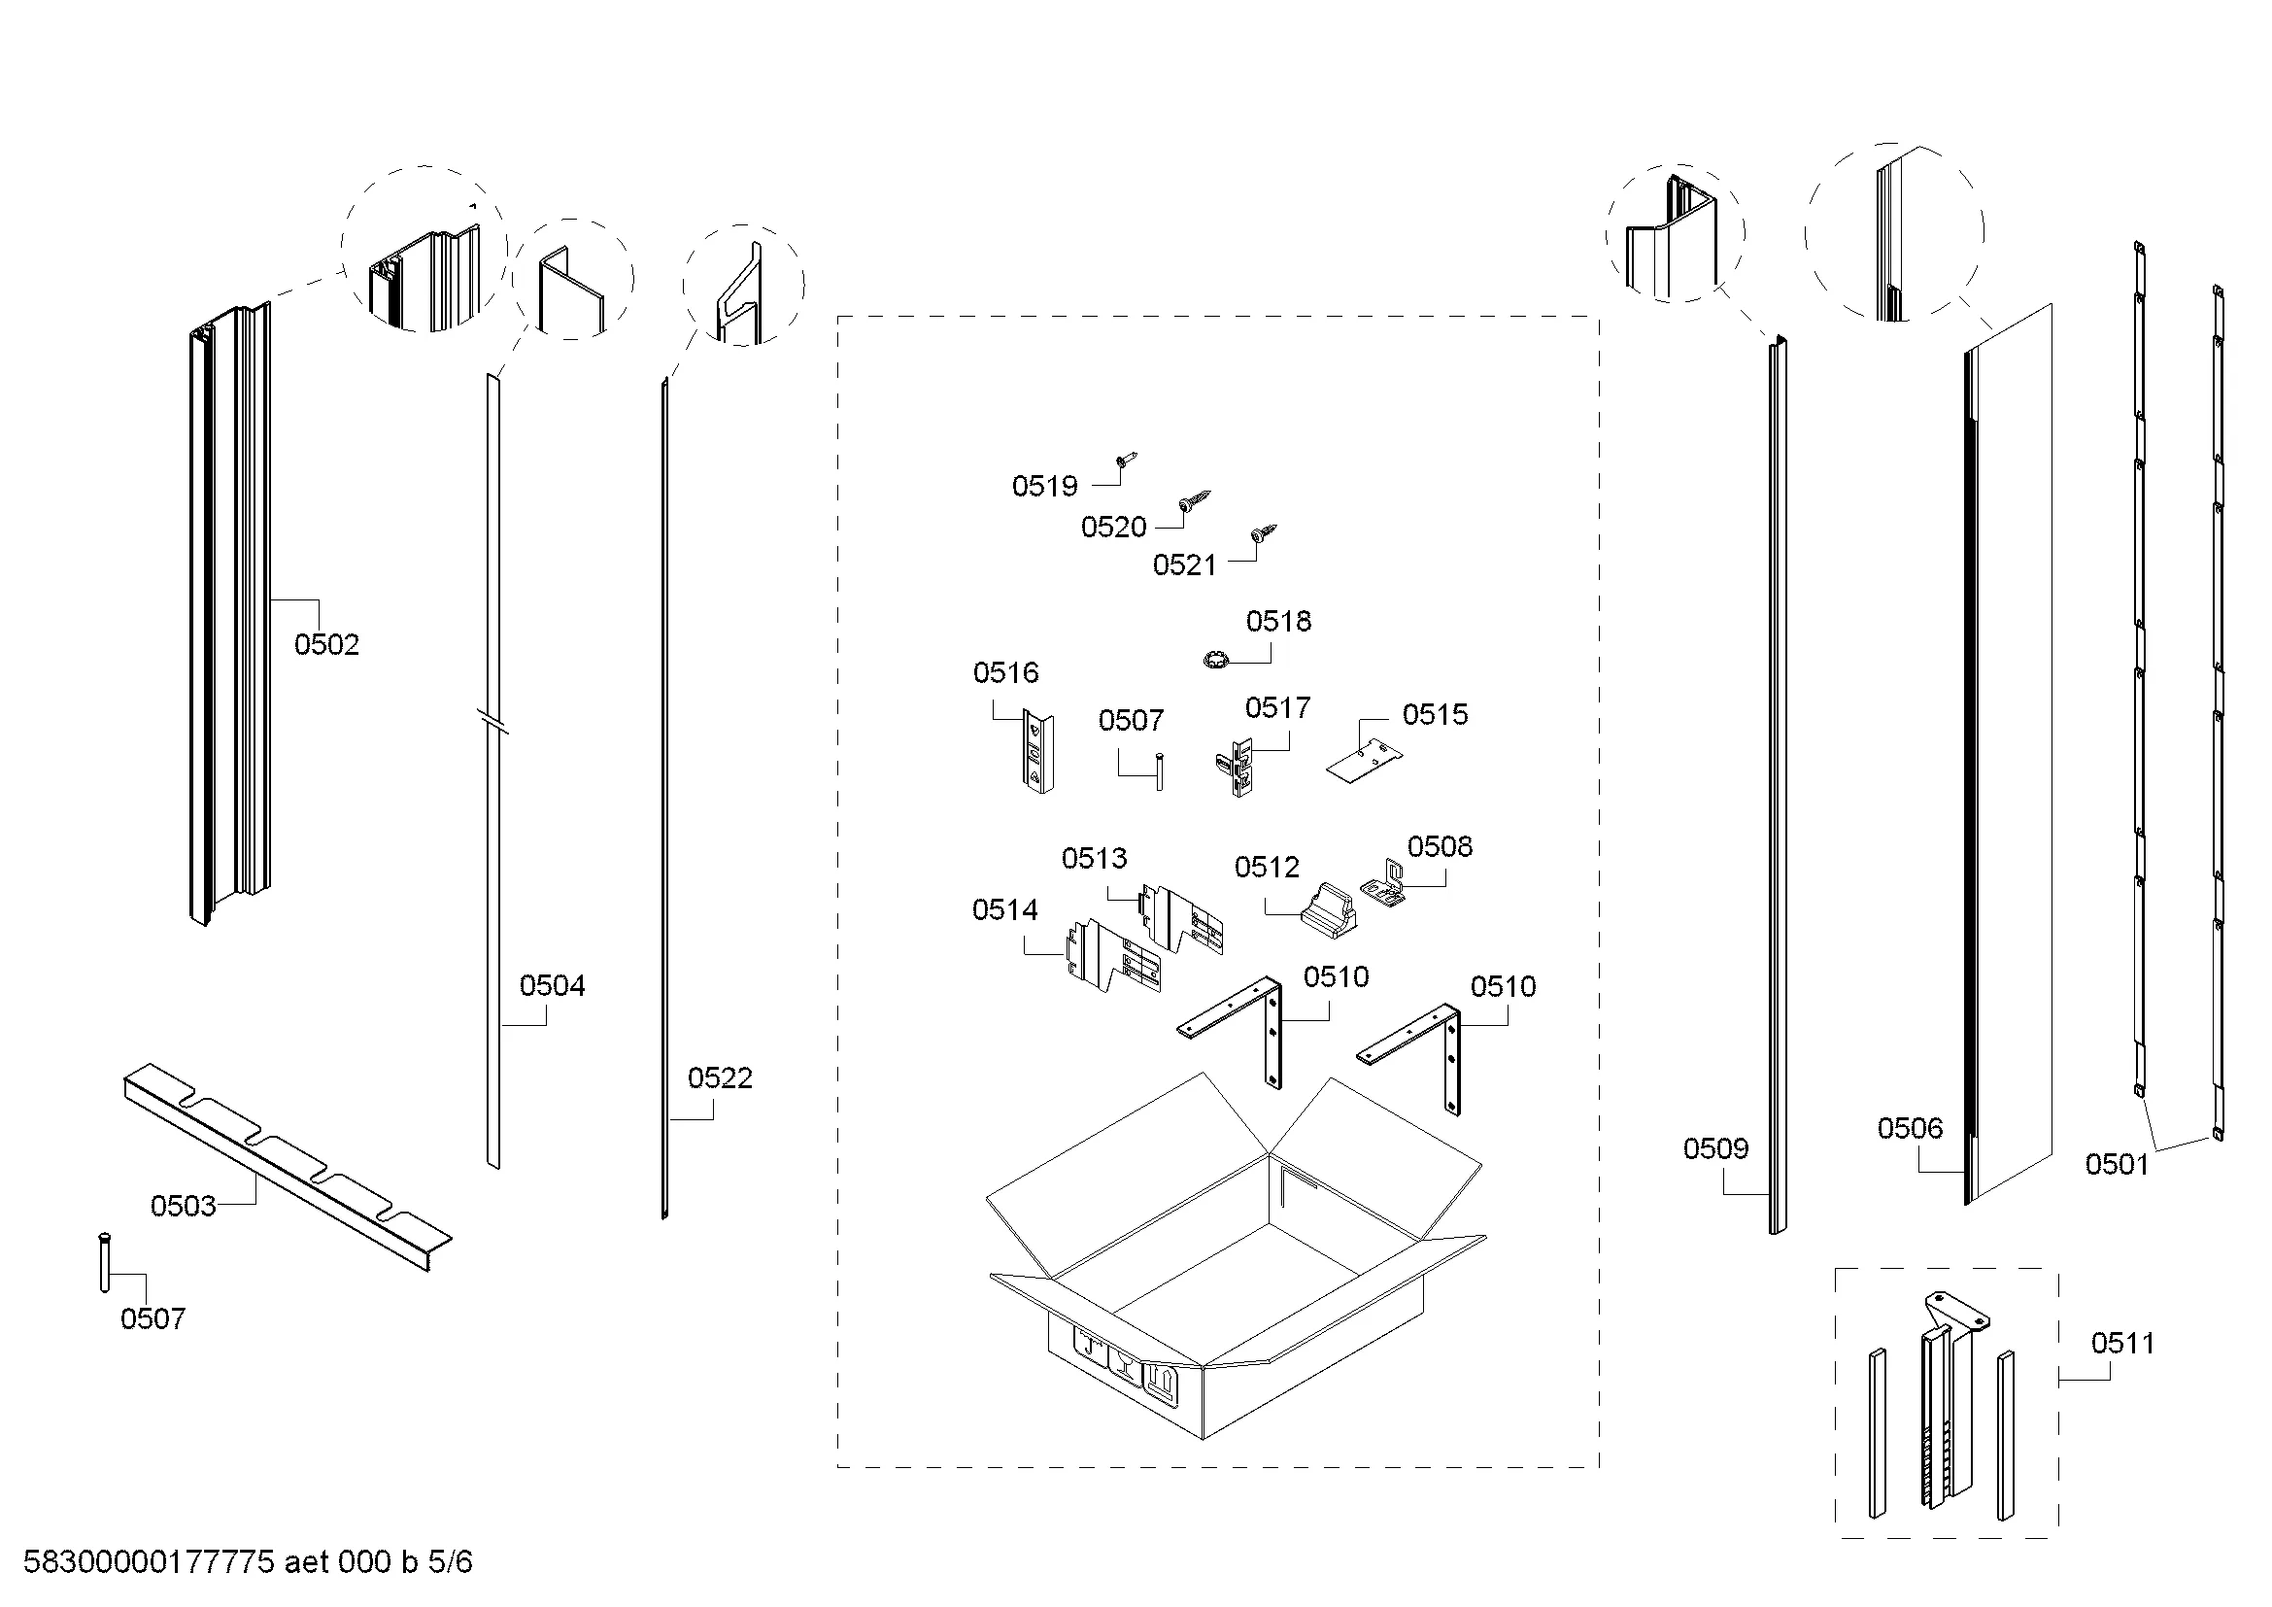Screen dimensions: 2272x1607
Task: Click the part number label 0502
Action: click(x=326, y=644)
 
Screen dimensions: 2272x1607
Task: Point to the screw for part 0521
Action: click(x=1264, y=533)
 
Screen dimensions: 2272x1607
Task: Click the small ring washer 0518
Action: click(x=1214, y=658)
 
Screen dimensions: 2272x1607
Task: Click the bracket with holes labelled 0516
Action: click(x=1038, y=753)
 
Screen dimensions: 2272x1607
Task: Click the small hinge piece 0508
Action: click(x=1385, y=882)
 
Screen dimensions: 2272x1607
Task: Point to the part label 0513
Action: click(x=1095, y=858)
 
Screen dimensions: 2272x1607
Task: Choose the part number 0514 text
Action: click(x=1005, y=909)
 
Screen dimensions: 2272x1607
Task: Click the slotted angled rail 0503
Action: click(x=288, y=1167)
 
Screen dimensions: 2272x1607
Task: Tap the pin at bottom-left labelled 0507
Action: click(x=104, y=1262)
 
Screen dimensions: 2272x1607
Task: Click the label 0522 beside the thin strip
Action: click(x=721, y=1077)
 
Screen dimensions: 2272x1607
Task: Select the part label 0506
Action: click(x=1910, y=1128)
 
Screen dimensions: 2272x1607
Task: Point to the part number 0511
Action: click(x=2122, y=1343)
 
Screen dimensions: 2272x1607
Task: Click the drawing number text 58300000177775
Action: click(x=149, y=1562)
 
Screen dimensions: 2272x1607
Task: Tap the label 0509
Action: click(x=1715, y=1148)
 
